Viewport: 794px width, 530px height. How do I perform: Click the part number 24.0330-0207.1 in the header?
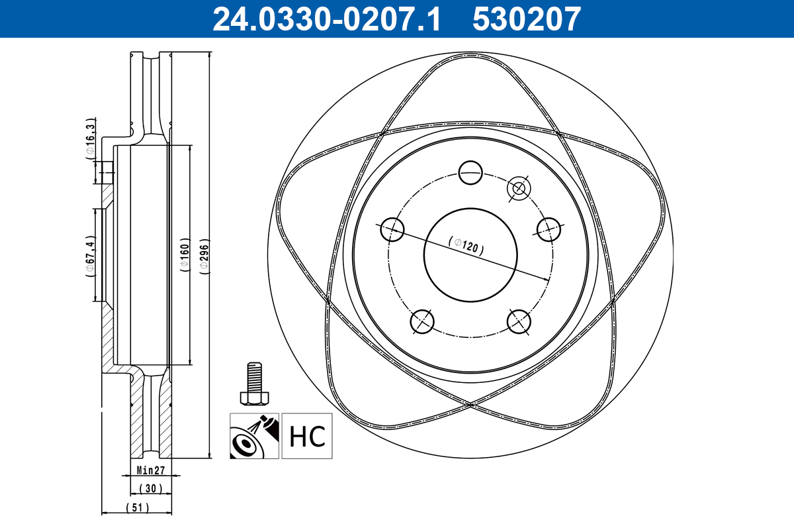[x=326, y=19]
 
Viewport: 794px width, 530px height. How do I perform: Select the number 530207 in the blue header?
[x=527, y=19]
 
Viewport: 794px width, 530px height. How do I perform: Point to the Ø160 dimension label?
[x=185, y=255]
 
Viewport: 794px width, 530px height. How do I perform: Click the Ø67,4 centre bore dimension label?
[x=91, y=256]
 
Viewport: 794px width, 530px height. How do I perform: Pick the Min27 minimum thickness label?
[x=151, y=470]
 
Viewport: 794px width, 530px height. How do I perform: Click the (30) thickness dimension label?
[x=151, y=488]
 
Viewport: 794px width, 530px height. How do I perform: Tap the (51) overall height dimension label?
[x=138, y=507]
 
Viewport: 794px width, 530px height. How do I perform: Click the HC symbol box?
[x=307, y=436]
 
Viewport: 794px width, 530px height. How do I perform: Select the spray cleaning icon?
[x=254, y=436]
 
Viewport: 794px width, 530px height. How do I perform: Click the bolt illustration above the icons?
[x=254, y=384]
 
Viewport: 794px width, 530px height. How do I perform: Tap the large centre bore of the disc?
[x=470, y=255]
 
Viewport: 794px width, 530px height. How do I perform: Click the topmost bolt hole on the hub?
[x=470, y=172]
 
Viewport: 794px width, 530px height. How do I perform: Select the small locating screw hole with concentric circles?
[x=519, y=188]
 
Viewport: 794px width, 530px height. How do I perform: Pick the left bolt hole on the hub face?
[x=392, y=229]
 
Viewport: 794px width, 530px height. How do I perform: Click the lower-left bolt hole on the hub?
[x=422, y=321]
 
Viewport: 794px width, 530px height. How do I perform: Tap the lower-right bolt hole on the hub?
[x=519, y=321]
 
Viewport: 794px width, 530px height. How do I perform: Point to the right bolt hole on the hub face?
[x=549, y=229]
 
